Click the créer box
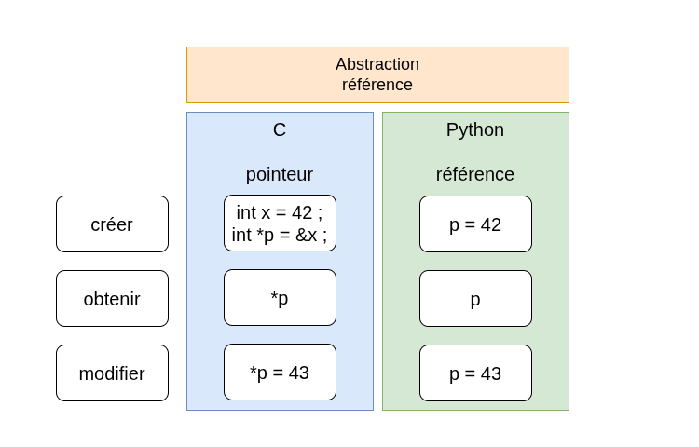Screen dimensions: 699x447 [113, 223]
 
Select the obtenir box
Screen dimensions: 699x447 [113, 298]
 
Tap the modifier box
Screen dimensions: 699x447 [113, 372]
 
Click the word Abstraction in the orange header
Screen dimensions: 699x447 [377, 64]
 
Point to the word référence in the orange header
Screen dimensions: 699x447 [377, 85]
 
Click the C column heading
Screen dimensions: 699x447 [280, 130]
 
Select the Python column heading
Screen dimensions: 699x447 [475, 130]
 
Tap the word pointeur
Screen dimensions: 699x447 [280, 174]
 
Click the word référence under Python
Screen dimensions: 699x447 [475, 174]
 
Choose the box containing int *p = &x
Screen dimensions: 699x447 [280, 223]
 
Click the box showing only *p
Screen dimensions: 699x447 [280, 297]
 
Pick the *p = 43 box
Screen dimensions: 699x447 [280, 372]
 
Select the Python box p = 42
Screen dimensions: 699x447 [475, 223]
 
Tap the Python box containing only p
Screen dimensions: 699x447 [475, 298]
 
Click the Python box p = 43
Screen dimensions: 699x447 [475, 372]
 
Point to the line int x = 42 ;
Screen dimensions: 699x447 [280, 212]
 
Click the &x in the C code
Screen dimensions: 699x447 [307, 235]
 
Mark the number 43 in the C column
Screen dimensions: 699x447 [298, 372]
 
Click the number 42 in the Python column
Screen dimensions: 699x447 [491, 224]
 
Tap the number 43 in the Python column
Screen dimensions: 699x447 [491, 373]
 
